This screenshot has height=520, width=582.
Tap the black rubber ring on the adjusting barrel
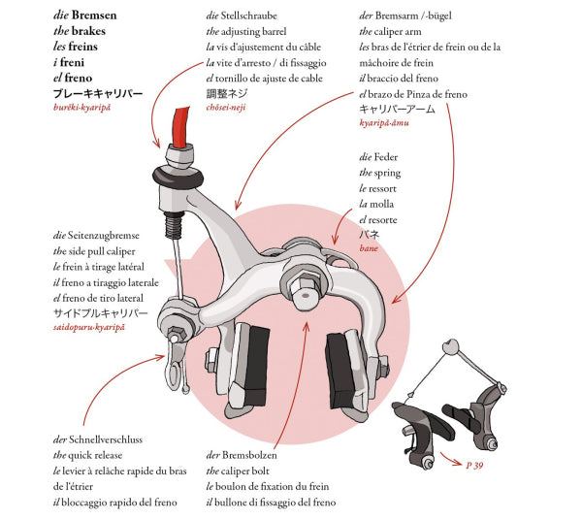coord(178,177)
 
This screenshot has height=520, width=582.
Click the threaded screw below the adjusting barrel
coord(174,224)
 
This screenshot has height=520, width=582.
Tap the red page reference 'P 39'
coord(474,465)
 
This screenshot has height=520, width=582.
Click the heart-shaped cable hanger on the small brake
coord(451,346)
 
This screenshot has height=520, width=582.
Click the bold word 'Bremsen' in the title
coord(94,16)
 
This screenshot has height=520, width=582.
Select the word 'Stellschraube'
coord(248,16)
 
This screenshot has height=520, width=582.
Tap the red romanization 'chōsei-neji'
coord(226,108)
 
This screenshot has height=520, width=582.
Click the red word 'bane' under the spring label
coord(369,248)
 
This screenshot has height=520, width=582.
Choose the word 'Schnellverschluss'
coord(106,439)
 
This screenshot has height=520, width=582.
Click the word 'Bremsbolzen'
coord(249,455)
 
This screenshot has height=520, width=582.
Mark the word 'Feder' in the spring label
coord(386,157)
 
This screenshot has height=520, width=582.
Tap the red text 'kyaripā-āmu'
coord(384,122)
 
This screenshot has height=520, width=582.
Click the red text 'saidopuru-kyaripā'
coord(88,327)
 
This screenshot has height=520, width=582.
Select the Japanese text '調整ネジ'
coord(226,93)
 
